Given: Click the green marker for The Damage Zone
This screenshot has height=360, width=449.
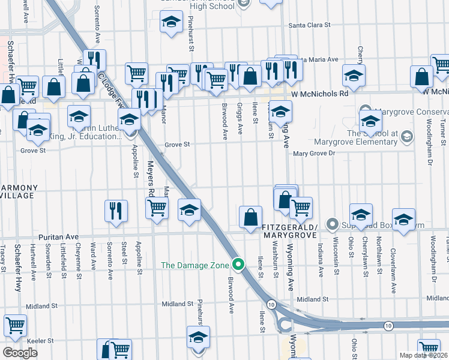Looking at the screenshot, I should pyautogui.click(x=239, y=264).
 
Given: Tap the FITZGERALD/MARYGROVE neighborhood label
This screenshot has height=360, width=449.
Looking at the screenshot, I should pyautogui.click(x=289, y=232).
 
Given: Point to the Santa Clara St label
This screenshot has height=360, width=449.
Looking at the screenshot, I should pyautogui.click(x=310, y=25).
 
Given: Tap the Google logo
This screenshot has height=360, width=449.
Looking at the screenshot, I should pyautogui.click(x=20, y=353).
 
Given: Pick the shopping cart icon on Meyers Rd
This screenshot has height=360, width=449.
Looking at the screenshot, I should pyautogui.click(x=157, y=208).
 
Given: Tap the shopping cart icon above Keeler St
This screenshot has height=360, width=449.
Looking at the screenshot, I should pyautogui.click(x=15, y=325).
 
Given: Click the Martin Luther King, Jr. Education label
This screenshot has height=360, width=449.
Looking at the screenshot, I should pyautogui.click(x=84, y=132).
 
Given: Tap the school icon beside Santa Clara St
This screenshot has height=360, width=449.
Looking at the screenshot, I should pyautogui.click(x=171, y=22).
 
